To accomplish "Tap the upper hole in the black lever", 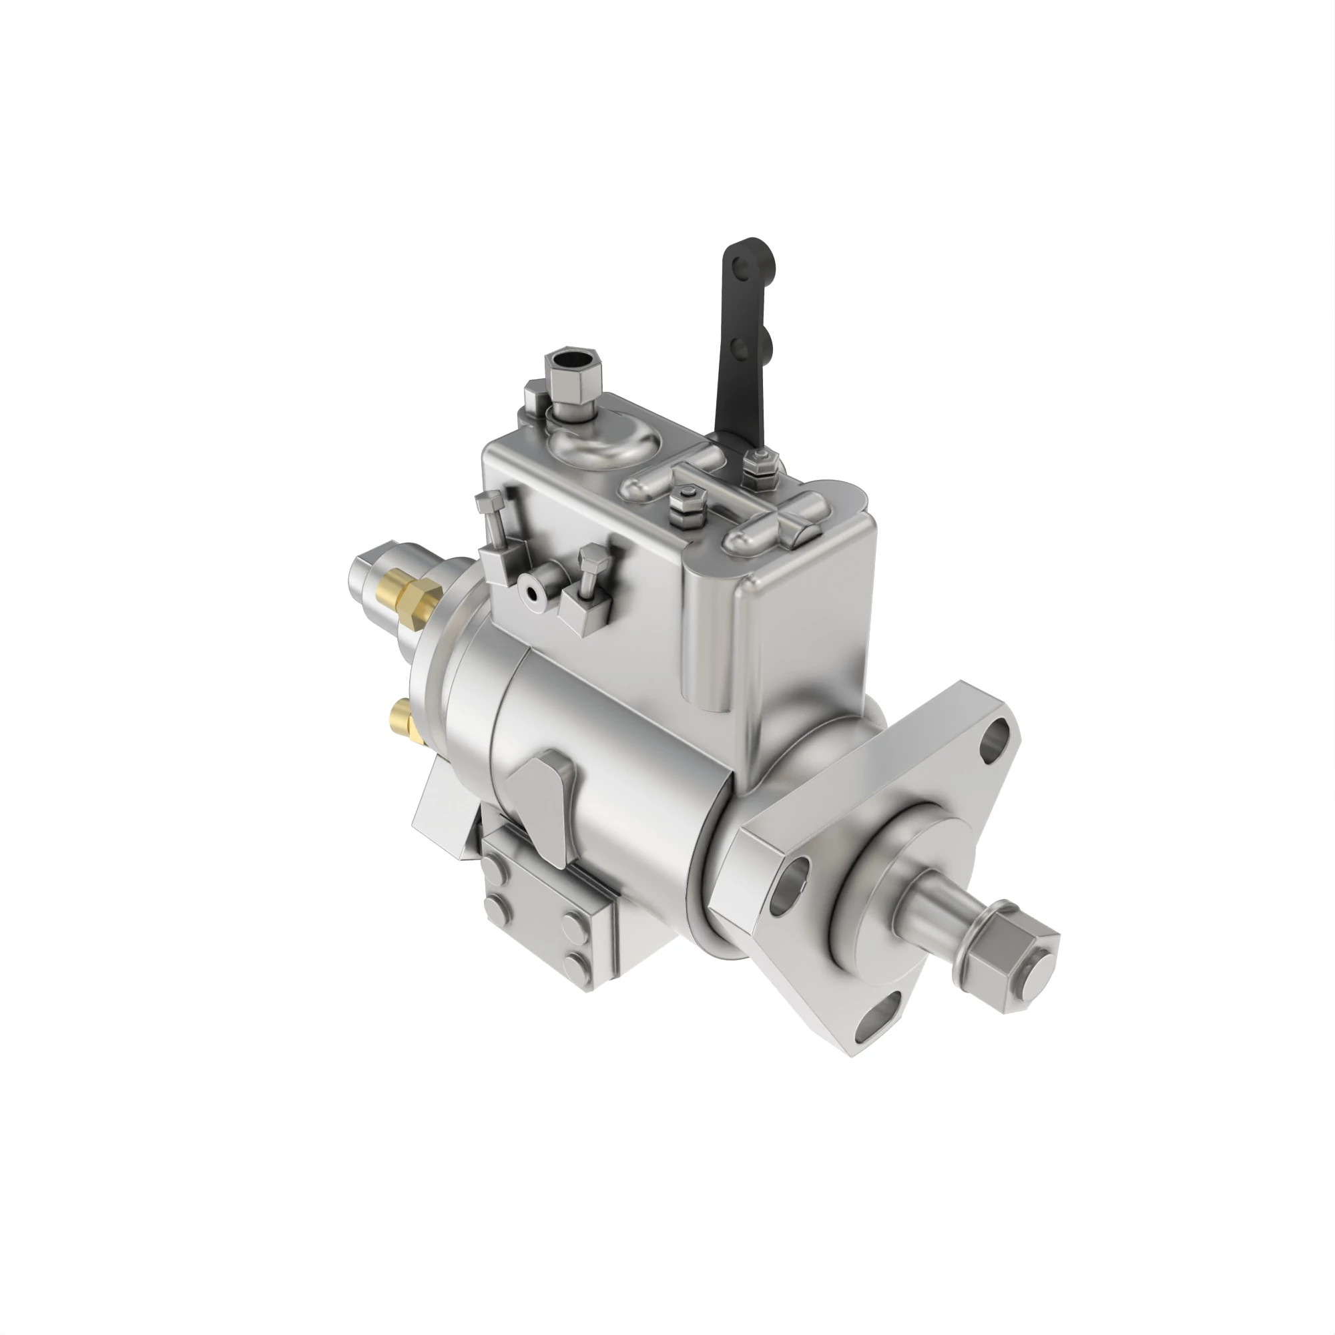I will click(741, 264).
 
